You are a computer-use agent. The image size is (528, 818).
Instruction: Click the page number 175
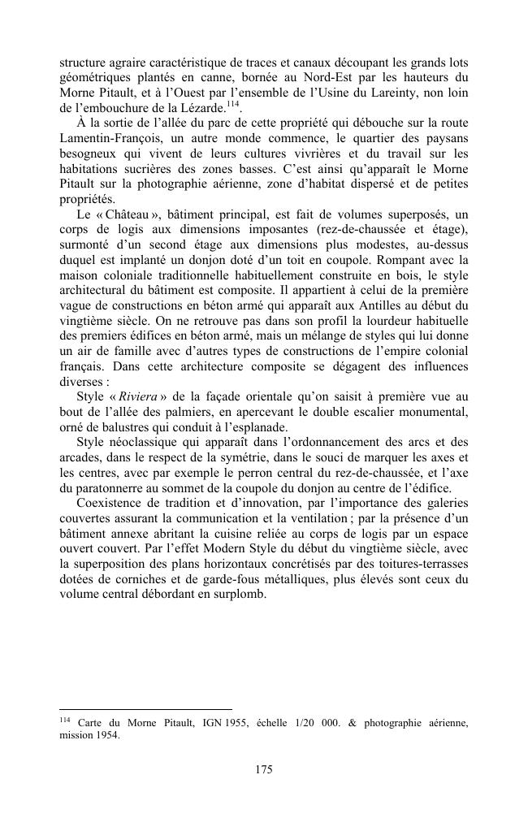point(263,770)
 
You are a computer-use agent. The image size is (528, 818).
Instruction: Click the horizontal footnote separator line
point(146,708)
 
